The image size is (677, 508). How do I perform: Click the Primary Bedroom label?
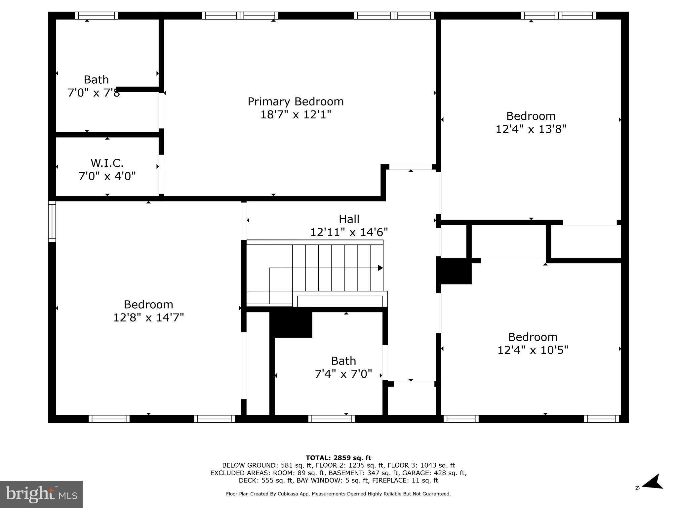[x=296, y=101]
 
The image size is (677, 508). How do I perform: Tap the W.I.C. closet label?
[x=107, y=163]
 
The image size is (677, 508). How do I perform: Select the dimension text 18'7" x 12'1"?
[x=296, y=115]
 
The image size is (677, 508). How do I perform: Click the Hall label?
[x=349, y=219]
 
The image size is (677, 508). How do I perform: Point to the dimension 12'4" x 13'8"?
[x=531, y=129]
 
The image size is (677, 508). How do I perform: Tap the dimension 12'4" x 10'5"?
[x=533, y=350]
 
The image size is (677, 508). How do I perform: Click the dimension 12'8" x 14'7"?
[x=148, y=317]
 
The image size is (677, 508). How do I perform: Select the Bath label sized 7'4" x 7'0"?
[x=343, y=360]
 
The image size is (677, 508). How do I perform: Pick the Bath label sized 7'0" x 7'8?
[x=96, y=80]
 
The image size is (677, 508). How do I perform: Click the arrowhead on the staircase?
[x=380, y=268]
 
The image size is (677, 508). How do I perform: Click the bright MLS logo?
[x=41, y=494]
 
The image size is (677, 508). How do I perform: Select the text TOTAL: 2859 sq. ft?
[x=338, y=458]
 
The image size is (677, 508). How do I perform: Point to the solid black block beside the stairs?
[x=291, y=324]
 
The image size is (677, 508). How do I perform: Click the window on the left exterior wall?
[x=52, y=222]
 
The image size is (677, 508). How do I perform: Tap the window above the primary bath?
[x=96, y=16]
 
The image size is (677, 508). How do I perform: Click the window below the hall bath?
[x=331, y=419]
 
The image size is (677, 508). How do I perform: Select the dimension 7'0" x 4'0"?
[x=107, y=176]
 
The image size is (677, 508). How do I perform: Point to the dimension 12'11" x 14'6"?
[x=349, y=232]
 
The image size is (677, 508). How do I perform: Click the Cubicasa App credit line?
[x=338, y=494]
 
